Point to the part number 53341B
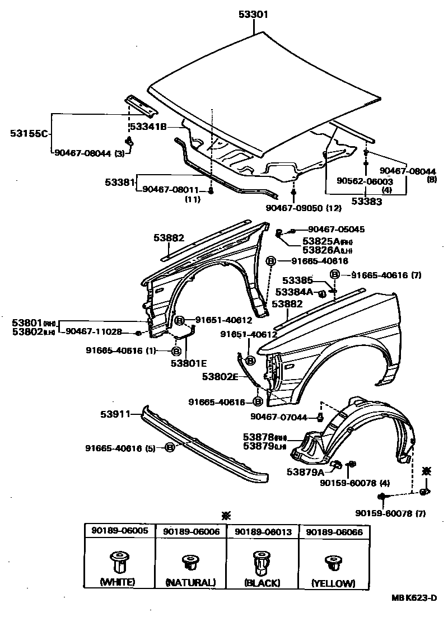[150, 127]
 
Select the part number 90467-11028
[94, 331]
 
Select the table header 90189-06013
[263, 531]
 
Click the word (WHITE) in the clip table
[117, 582]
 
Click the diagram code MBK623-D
[413, 598]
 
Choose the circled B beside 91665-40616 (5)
[170, 447]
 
